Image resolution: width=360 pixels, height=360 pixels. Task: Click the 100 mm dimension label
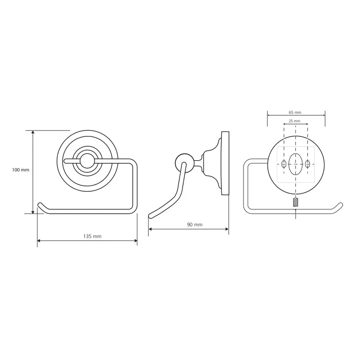[21, 170]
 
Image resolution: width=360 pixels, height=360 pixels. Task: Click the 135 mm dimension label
[92, 237]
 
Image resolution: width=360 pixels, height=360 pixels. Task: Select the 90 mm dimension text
[195, 225]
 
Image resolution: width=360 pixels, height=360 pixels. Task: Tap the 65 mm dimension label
[295, 112]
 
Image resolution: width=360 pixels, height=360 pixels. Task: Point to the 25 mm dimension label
[295, 121]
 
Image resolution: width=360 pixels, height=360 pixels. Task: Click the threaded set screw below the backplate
[296, 202]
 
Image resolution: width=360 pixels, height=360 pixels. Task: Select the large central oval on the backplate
[296, 164]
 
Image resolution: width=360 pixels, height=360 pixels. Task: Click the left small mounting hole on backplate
[284, 164]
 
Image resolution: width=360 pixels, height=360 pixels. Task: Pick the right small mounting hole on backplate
[307, 164]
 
